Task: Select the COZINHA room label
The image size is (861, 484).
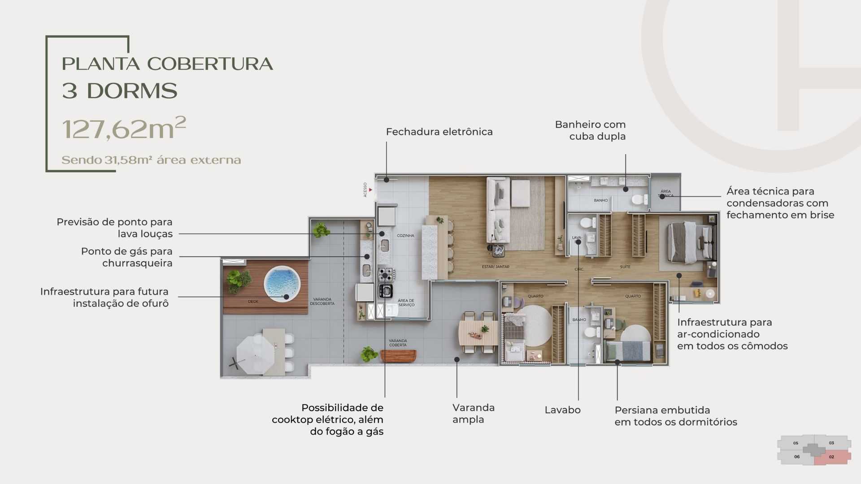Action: click(405, 236)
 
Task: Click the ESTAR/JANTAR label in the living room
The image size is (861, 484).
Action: click(496, 267)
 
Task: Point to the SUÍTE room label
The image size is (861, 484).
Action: click(625, 267)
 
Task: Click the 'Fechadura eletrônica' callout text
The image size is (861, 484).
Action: click(439, 132)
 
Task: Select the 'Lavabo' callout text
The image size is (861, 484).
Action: click(562, 410)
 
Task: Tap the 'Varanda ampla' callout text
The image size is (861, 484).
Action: click(473, 414)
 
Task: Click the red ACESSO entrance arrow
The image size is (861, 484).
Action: click(370, 190)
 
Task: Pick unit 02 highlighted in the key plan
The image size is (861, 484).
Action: click(832, 457)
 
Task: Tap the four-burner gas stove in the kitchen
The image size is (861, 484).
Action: click(386, 274)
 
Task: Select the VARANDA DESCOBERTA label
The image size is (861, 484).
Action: click(322, 302)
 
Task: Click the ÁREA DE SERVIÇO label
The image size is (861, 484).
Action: click(406, 303)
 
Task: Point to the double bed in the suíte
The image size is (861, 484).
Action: click(688, 242)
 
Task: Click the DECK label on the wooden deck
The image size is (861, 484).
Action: click(253, 302)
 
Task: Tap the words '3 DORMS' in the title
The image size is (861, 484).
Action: click(120, 91)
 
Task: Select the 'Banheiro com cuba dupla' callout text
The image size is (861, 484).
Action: click(590, 130)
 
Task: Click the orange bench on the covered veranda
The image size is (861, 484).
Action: click(398, 356)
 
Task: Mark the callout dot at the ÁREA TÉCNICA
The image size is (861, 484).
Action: click(662, 196)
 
